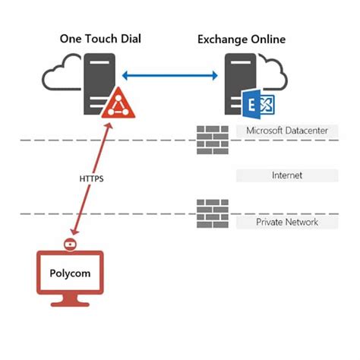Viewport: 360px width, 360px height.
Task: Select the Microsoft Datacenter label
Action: [x=287, y=131]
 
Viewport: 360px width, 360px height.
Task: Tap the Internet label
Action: [x=287, y=175]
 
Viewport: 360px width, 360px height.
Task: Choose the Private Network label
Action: [x=287, y=222]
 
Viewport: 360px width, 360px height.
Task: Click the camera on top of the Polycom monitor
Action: [x=70, y=244]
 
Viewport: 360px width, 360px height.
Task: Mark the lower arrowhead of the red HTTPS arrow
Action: [x=74, y=232]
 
